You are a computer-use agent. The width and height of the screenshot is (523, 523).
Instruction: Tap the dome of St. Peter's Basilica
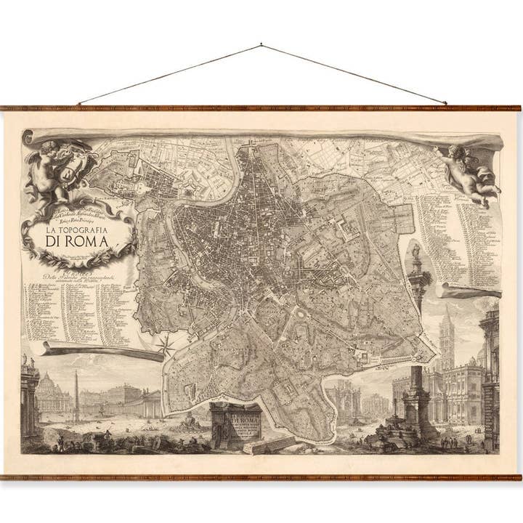click(49, 384)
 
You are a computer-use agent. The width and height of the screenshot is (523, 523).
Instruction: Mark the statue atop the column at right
click(416, 256)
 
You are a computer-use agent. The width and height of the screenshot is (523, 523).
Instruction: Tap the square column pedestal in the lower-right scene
click(418, 407)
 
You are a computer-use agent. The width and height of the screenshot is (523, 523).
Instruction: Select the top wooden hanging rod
click(261, 108)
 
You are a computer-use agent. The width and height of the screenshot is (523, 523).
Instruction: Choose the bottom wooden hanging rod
click(261, 477)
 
